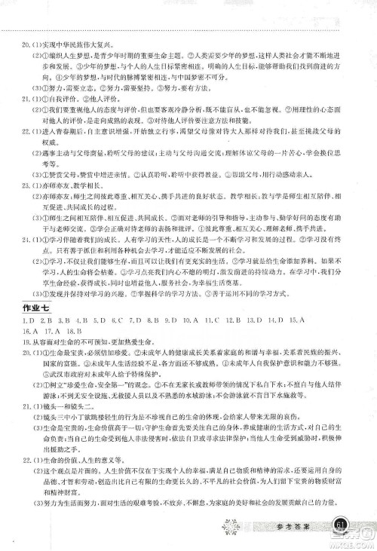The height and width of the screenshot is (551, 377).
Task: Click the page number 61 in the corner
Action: click(x=340, y=525)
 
